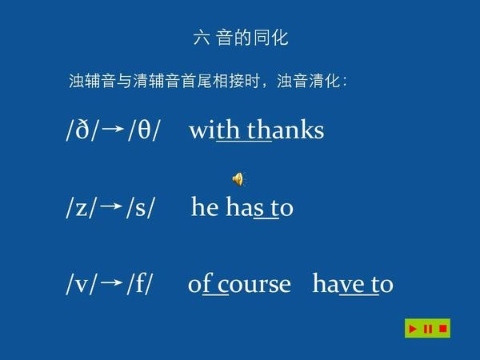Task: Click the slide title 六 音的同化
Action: point(241,37)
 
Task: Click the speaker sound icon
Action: point(238,178)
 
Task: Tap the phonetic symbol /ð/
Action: point(82,130)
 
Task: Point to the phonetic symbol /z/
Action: point(82,208)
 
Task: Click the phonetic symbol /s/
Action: point(140,208)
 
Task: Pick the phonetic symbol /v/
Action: point(82,285)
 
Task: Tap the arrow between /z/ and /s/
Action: point(112,207)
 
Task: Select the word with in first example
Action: point(215,130)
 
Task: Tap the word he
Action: point(205,207)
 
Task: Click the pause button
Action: point(428,329)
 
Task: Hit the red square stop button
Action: point(442,329)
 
